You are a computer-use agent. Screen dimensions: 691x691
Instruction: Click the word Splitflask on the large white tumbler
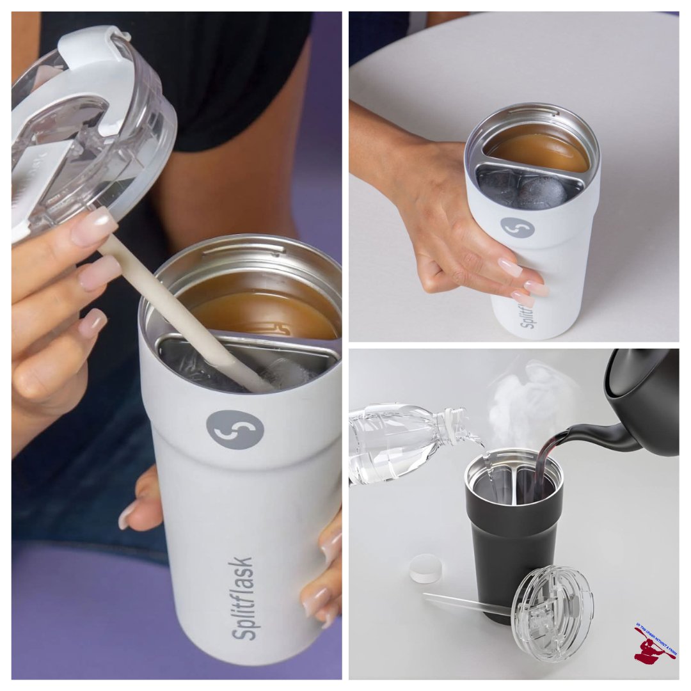(x=243, y=598)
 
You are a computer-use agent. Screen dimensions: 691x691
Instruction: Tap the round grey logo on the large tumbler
(x=235, y=429)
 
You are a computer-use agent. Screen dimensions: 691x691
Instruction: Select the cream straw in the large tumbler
(x=186, y=314)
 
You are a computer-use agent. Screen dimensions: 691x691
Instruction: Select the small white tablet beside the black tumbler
(x=425, y=568)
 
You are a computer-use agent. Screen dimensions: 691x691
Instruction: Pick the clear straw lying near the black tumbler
(x=467, y=603)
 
